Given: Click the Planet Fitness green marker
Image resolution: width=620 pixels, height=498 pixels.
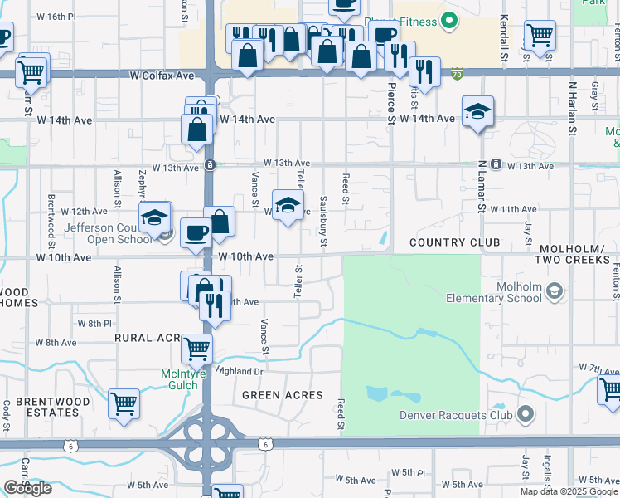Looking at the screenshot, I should (x=450, y=20).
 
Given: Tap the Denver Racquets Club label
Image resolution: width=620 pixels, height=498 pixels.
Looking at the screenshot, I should (x=458, y=414).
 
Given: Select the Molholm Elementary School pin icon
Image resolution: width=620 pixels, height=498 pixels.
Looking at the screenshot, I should (x=554, y=291).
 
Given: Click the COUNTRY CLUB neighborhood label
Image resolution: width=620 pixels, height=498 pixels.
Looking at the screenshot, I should (x=454, y=242).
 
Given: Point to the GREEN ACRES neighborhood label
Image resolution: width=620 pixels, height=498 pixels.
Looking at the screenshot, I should (x=283, y=395).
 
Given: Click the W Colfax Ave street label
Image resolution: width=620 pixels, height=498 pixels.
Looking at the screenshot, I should (x=162, y=76).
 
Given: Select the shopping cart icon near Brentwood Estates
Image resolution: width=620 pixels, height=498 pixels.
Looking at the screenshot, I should (x=124, y=403).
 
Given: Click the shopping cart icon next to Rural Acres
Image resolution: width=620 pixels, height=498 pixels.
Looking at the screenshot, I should (x=196, y=349).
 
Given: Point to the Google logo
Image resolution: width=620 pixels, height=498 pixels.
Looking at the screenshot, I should (x=28, y=488).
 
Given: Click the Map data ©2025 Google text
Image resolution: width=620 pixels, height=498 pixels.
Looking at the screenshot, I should (x=569, y=491).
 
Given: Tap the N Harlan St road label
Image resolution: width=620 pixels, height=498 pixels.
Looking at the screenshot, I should (x=572, y=108).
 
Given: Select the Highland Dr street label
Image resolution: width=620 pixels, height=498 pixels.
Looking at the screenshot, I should (x=240, y=371).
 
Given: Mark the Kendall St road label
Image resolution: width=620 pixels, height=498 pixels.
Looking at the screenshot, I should (x=502, y=33).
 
